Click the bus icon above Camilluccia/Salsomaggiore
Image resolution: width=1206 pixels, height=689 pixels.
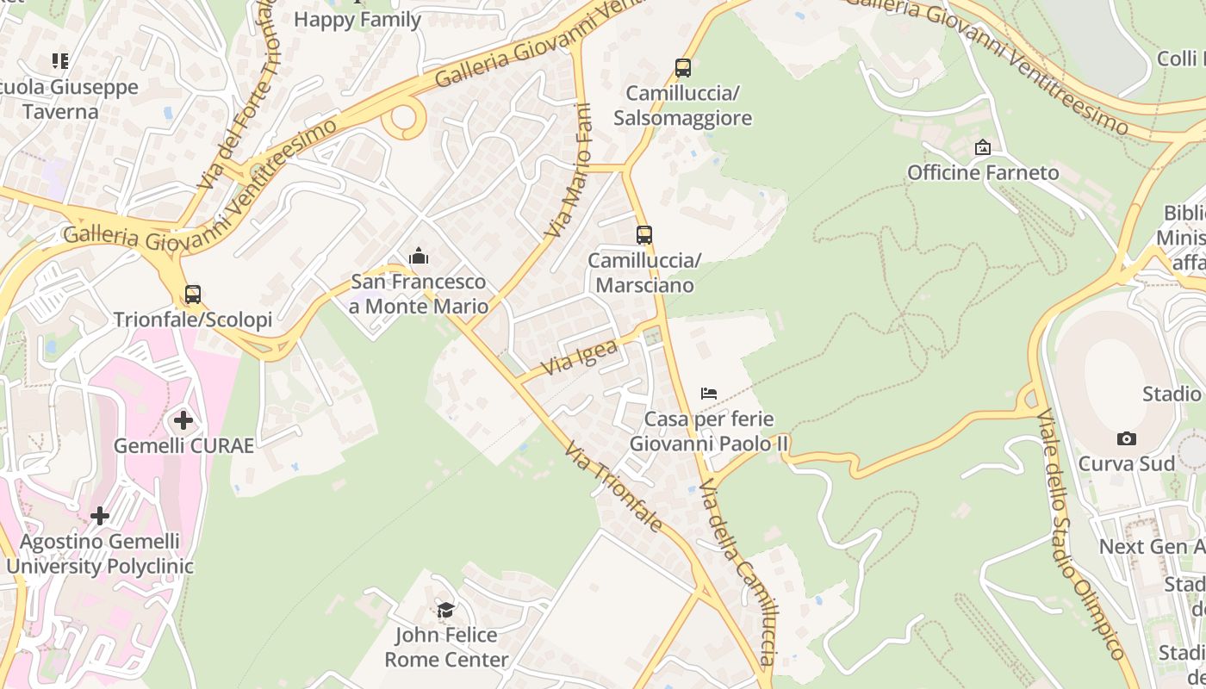[683, 67]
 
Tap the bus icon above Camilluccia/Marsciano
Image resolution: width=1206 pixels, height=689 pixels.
[644, 234]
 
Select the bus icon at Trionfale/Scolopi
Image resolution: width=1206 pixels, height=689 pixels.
[193, 295]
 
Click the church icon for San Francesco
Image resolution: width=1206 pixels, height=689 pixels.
[419, 256]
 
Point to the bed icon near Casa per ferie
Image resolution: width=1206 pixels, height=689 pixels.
[709, 394]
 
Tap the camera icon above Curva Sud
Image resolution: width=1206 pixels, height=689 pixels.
[1126, 438]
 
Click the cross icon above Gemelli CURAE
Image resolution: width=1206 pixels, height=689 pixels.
[183, 420]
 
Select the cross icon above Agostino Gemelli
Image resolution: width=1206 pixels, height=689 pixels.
[100, 516]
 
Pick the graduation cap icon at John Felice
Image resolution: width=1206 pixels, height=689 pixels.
[445, 611]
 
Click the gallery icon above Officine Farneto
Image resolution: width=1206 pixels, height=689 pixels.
[983, 147]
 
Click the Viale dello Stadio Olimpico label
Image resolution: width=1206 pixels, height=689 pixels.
[1080, 534]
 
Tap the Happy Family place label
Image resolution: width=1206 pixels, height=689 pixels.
[357, 19]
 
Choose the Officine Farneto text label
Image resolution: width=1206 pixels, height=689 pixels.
[983, 173]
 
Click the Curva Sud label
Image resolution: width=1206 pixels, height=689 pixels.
[1127, 463]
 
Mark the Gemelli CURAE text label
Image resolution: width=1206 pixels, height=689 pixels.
[183, 445]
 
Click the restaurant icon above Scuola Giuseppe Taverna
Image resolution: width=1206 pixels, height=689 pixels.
[60, 60]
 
